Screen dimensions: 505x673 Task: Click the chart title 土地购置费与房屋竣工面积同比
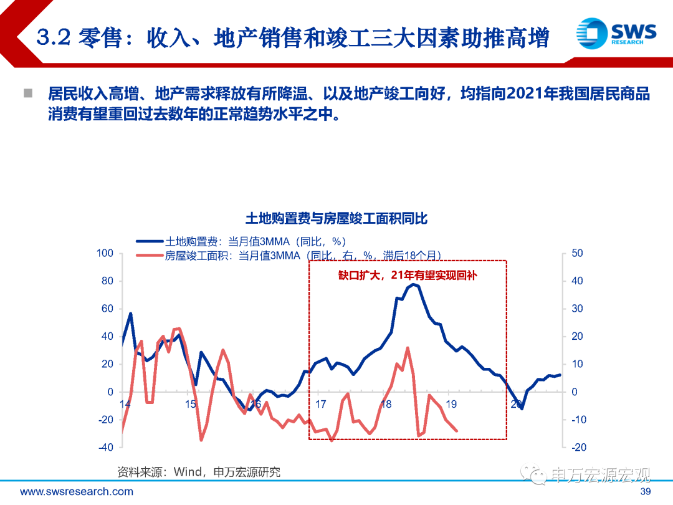(x=336, y=219)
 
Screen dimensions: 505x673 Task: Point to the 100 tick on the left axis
(x=105, y=253)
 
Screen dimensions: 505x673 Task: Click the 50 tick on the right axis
(x=577, y=253)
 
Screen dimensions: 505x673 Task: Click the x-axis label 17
(x=320, y=404)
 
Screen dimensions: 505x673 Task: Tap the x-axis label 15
(x=191, y=404)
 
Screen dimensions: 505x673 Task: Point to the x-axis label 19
(x=451, y=404)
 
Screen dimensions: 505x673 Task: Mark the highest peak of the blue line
(x=413, y=284)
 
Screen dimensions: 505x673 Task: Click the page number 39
(x=646, y=492)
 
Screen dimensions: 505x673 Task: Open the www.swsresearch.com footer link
(x=77, y=492)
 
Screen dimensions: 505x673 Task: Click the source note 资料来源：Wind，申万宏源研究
(x=199, y=472)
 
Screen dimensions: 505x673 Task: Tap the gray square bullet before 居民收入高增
(x=27, y=94)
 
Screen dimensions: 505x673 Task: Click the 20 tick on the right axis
(x=577, y=336)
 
